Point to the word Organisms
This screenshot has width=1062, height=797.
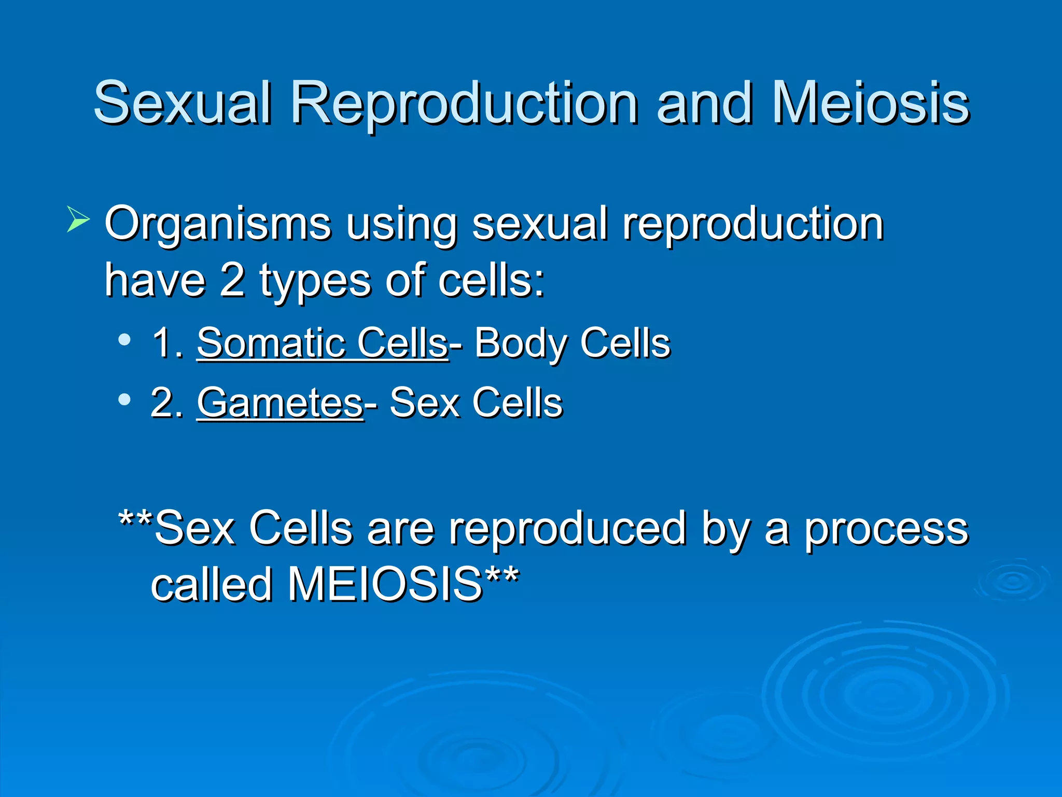(x=218, y=224)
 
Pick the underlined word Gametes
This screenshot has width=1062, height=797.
(x=280, y=403)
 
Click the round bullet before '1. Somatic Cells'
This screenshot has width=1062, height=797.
(x=124, y=340)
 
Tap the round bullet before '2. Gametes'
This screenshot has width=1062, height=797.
(x=124, y=399)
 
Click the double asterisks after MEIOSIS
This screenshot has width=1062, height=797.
(x=501, y=576)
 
